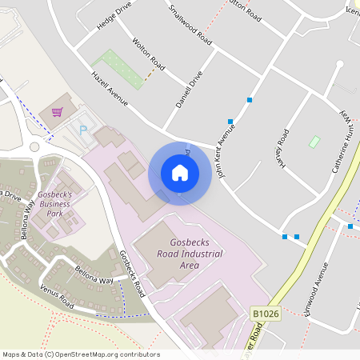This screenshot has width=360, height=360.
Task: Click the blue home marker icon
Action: pyautogui.click(x=180, y=173)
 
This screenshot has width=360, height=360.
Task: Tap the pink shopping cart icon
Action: pyautogui.click(x=57, y=113)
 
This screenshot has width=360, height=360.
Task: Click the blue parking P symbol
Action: pyautogui.click(x=82, y=130)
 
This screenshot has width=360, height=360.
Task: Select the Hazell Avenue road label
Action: pyautogui.click(x=110, y=88)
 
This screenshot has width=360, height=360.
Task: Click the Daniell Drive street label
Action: pyautogui.click(x=189, y=90)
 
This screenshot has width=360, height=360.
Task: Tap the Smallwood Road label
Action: pyautogui.click(x=191, y=24)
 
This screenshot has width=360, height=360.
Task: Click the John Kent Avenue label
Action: pyautogui.click(x=224, y=152)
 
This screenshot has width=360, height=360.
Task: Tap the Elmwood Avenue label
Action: pyautogui.click(x=317, y=289)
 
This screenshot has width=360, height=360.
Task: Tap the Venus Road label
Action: pyautogui.click(x=56, y=299)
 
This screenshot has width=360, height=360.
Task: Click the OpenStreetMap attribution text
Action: pyautogui.click(x=81, y=354)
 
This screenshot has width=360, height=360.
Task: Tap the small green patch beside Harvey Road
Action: pyautogui.click(x=314, y=142)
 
